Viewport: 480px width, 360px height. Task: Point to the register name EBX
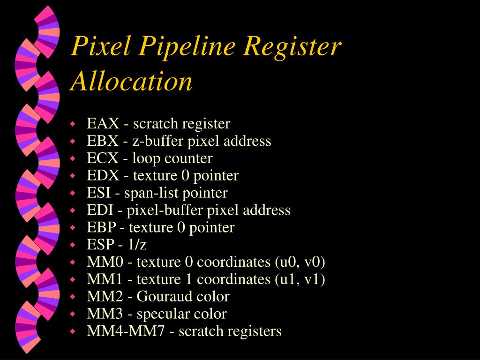tap(103, 141)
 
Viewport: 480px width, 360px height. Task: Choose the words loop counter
tap(172, 158)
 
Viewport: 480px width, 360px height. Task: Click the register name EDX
tap(103, 176)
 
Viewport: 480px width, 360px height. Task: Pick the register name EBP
tap(102, 227)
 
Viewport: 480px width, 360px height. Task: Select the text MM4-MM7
tap(126, 331)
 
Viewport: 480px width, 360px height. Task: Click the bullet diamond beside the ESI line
tap(73, 193)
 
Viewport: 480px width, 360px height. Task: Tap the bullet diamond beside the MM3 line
tap(73, 314)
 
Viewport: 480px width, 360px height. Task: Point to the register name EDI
tap(100, 210)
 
